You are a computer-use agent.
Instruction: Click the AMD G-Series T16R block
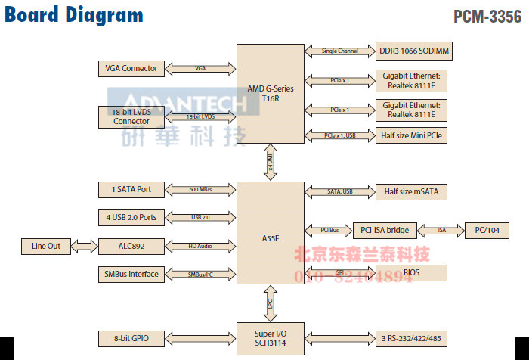tap(270, 94)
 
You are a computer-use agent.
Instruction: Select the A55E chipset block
tap(270, 238)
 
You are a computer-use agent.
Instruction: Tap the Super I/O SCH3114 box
tap(270, 337)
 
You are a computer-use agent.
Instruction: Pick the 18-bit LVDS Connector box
tap(131, 116)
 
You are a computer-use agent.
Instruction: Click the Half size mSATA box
tap(409, 192)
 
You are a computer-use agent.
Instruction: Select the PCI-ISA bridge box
tap(385, 230)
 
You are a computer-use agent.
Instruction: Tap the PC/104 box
tap(486, 230)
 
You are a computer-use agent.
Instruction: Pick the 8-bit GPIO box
tap(131, 337)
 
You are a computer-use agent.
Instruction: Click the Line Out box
tap(45, 246)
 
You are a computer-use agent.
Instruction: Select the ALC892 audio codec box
tap(131, 246)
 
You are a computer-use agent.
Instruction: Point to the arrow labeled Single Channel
tap(339, 51)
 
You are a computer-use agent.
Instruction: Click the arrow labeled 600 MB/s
tap(200, 189)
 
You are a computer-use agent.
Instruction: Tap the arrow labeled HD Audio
tap(200, 246)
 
